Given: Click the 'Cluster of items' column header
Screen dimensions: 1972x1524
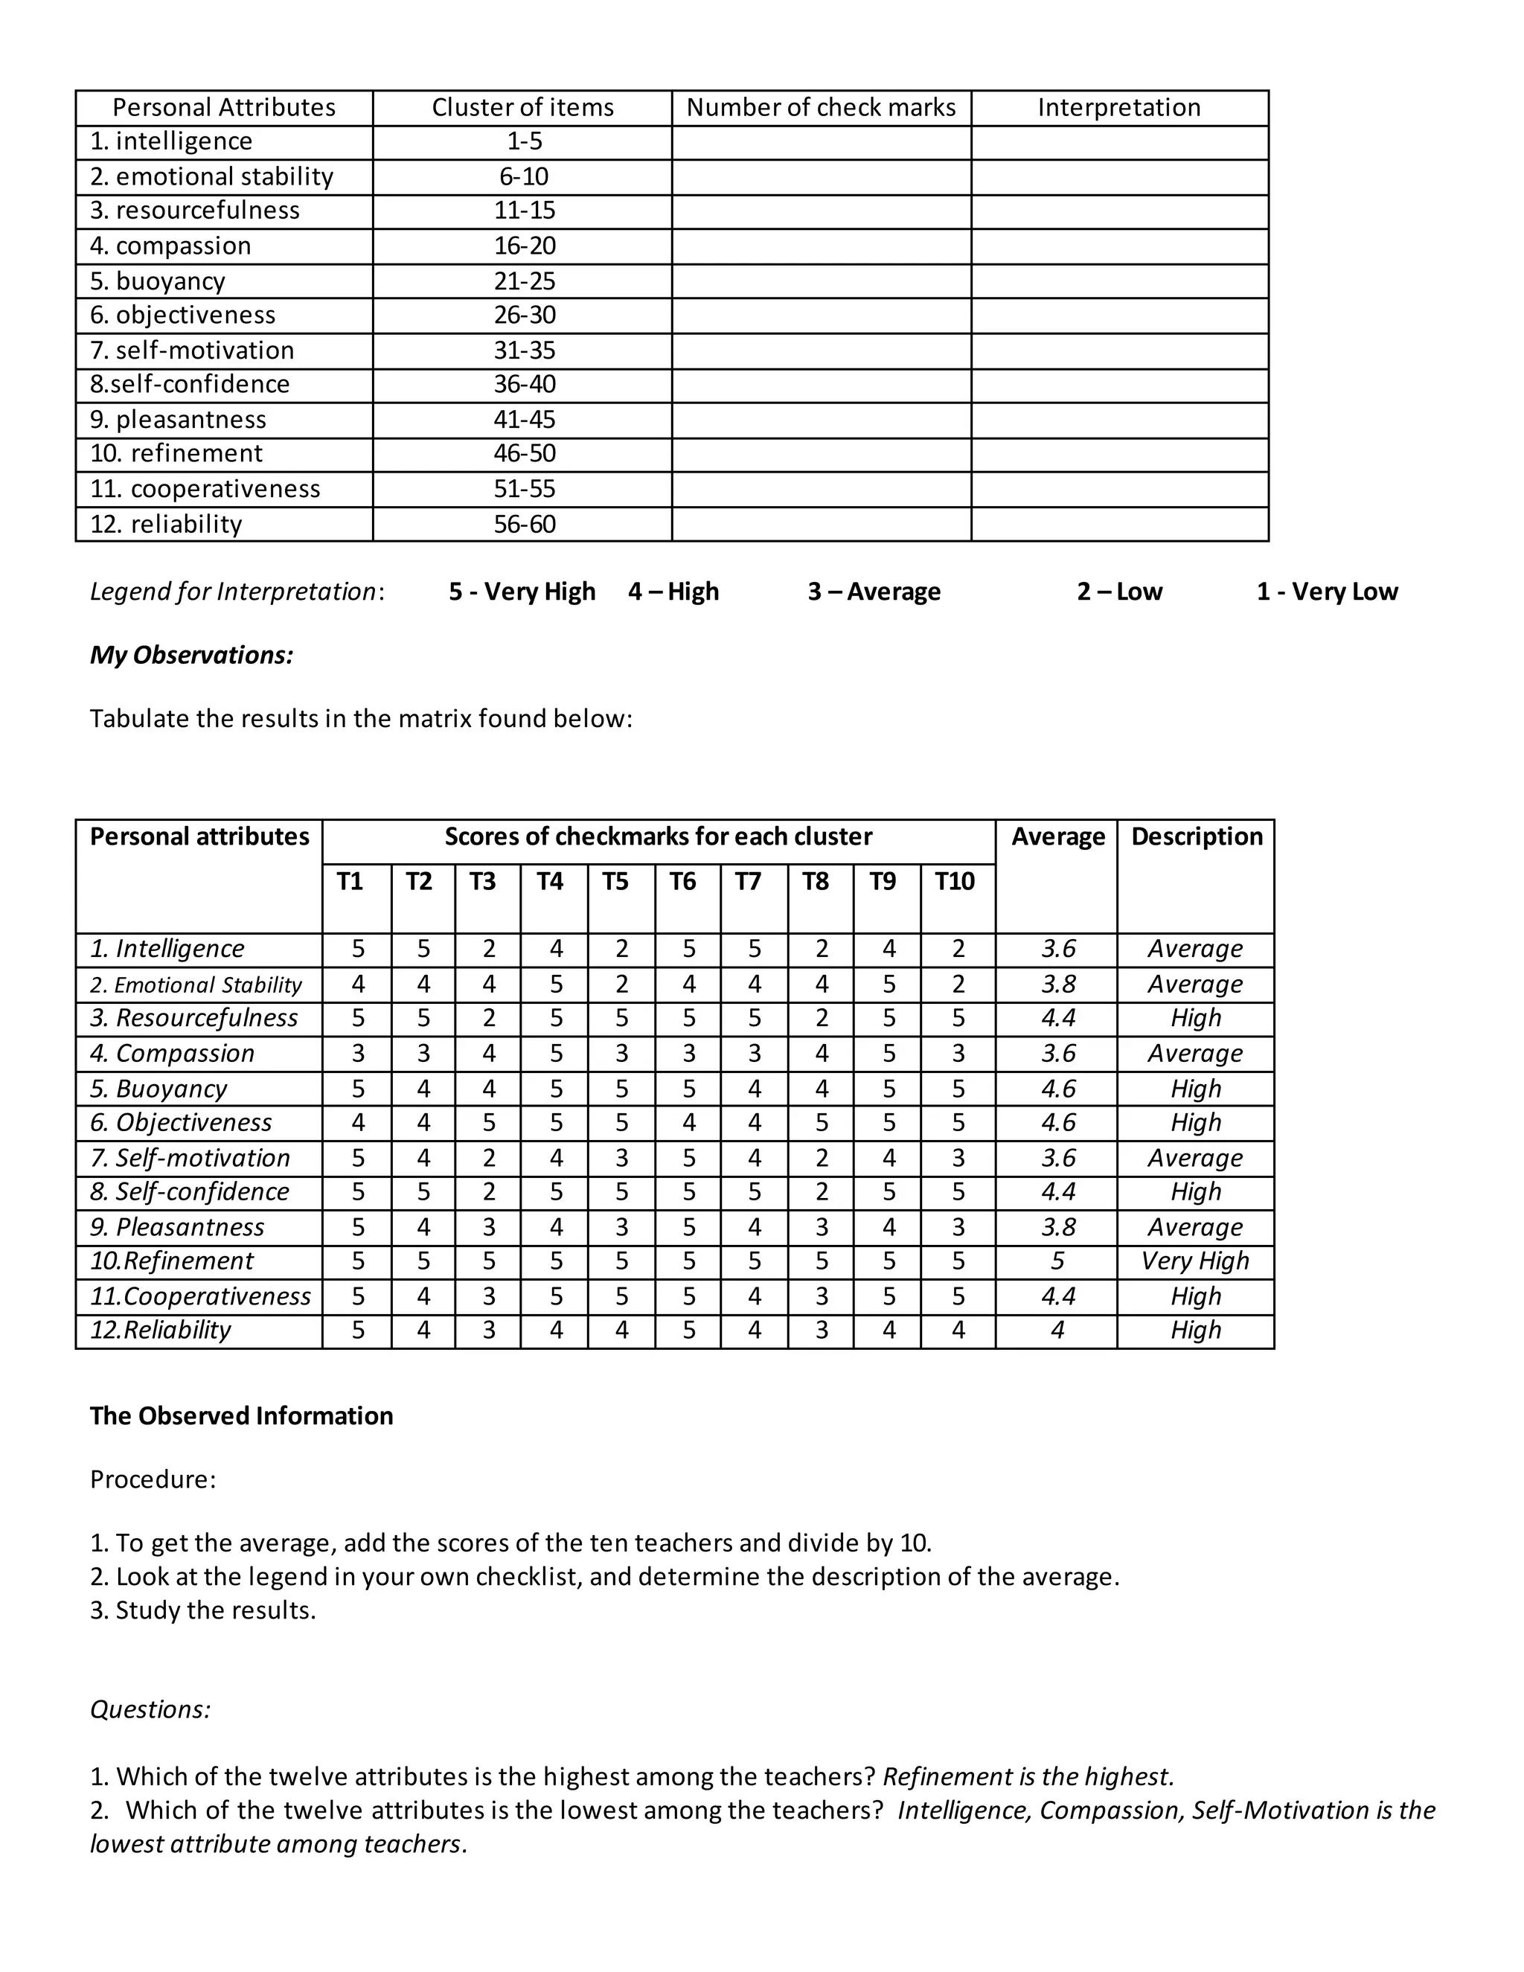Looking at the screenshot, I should pyautogui.click(x=522, y=107).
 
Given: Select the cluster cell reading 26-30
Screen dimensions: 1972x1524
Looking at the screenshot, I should pyautogui.click(x=524, y=315).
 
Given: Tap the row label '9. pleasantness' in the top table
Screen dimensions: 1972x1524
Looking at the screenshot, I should pyautogui.click(x=178, y=420).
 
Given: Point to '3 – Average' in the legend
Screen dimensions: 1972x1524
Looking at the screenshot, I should pyautogui.click(x=874, y=592).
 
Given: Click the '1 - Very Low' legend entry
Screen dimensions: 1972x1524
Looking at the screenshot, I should pyautogui.click(x=1326, y=592).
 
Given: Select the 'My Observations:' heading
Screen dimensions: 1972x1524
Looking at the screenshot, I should pyautogui.click(x=191, y=655).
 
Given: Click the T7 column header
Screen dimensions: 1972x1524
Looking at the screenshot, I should pyautogui.click(x=748, y=881).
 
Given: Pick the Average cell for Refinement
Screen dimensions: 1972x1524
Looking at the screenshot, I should pyautogui.click(x=1057, y=1261).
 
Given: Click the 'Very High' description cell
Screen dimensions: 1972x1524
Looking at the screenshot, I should pyautogui.click(x=1194, y=1261).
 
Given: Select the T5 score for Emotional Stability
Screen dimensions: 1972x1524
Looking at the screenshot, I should pyautogui.click(x=621, y=985).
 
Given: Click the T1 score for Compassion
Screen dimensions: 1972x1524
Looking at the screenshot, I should pyautogui.click(x=357, y=1054).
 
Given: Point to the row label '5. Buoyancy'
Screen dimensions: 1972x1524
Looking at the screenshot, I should pyautogui.click(x=159, y=1089).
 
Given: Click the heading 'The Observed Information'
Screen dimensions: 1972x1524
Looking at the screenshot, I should pyautogui.click(x=241, y=1416).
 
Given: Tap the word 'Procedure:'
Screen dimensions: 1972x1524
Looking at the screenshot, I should pyautogui.click(x=153, y=1479).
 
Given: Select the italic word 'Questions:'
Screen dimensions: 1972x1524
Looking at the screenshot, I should pyautogui.click(x=150, y=1709).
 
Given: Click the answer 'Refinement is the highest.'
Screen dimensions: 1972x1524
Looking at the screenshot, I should pyautogui.click(x=1028, y=1776).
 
